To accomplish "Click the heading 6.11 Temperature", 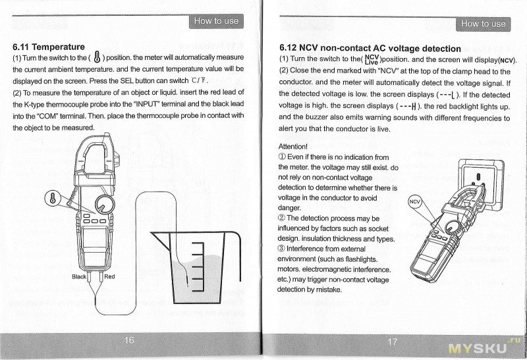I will coord(49,47).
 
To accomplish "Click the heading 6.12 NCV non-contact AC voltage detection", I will coord(370,48).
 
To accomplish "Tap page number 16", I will coord(129,340).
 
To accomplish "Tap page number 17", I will coord(393,341).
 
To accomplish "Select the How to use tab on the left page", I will coord(216,21).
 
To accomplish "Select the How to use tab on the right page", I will coord(483,24).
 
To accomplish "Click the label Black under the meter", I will coord(79,277).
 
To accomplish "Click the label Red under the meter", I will coord(109,277).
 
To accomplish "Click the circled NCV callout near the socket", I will coord(414,202).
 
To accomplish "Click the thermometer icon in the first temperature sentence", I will coord(97,57).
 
